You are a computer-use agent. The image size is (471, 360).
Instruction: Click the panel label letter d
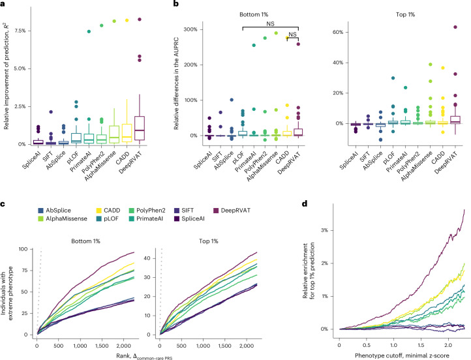pyautogui.click(x=305, y=204)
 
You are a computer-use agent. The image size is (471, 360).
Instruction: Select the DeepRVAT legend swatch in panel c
pyautogui.click(x=217, y=211)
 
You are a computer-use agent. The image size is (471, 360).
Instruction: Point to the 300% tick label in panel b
pyautogui.click(x=190, y=29)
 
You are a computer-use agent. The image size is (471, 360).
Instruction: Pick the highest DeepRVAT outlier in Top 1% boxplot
pyautogui.click(x=455, y=27)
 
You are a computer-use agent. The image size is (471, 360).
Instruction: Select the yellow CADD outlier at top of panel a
pyautogui.click(x=127, y=20)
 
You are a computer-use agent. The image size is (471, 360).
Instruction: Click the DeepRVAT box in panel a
pyautogui.click(x=140, y=128)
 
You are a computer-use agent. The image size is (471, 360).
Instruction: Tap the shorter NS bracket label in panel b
pyautogui.click(x=292, y=34)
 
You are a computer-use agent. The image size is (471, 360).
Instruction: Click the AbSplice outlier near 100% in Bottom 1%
pyautogui.click(x=232, y=100)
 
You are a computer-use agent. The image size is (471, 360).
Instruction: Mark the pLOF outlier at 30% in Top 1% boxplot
pyautogui.click(x=393, y=78)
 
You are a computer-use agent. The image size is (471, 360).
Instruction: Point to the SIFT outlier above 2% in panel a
pyautogui.click(x=51, y=112)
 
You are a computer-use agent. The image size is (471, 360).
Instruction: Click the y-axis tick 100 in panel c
pyautogui.click(x=23, y=249)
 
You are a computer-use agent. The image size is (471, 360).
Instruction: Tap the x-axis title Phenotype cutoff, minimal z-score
pyautogui.click(x=403, y=356)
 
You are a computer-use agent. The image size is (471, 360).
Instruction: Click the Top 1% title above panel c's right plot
pyautogui.click(x=209, y=241)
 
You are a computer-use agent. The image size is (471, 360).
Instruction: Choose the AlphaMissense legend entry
pyautogui.click(x=62, y=218)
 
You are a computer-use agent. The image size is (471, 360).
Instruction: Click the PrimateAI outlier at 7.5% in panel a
pyautogui.click(x=89, y=31)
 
